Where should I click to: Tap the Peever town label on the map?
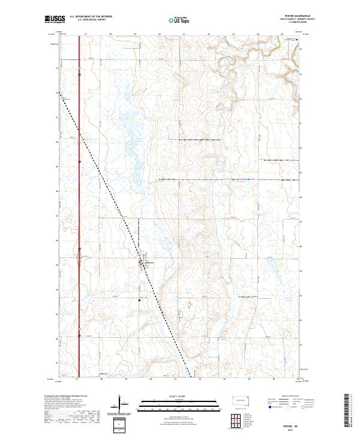[151, 262]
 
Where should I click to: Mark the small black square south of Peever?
[139, 299]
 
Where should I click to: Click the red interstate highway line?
[79, 150]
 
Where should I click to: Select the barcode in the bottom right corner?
[347, 413]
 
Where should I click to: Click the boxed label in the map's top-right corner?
[291, 39]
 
